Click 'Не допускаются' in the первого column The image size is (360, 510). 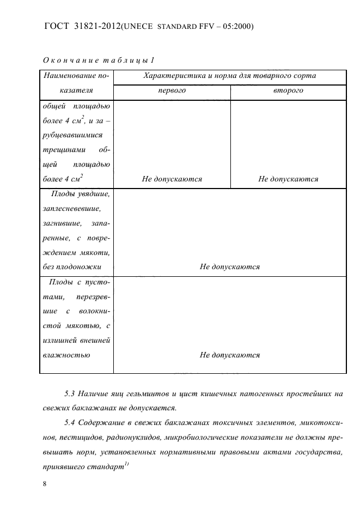tap(172, 179)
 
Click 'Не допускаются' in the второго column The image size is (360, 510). tap(288, 179)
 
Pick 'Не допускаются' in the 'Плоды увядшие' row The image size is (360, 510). tap(229, 266)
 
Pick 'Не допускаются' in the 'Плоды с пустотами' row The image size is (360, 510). tap(229, 354)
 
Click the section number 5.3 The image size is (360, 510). tap(70, 393)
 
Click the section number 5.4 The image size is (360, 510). tap(70, 423)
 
